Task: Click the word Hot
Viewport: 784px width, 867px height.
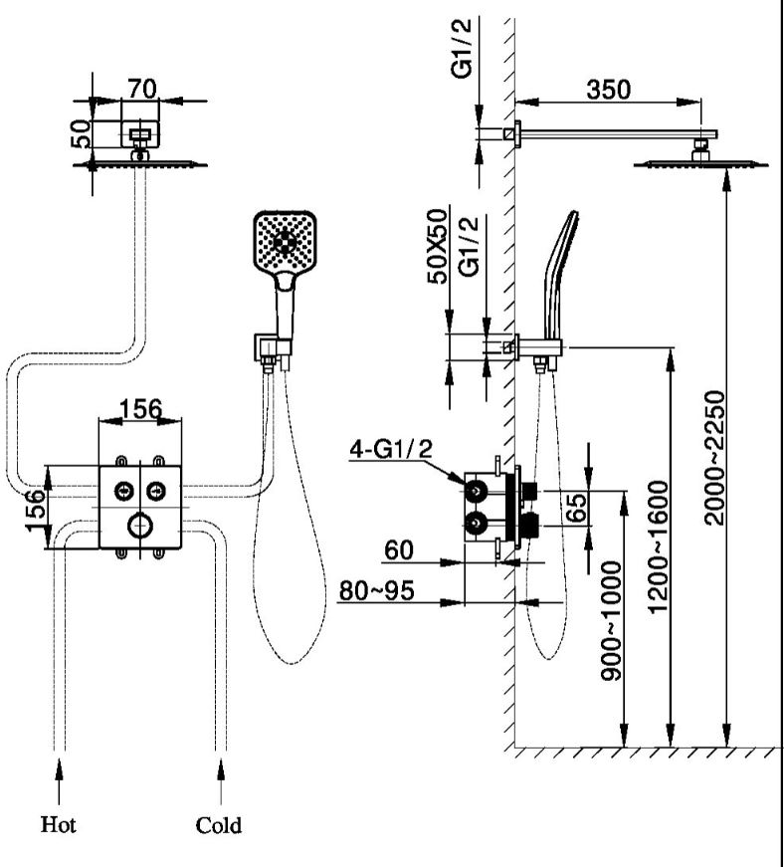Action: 58,824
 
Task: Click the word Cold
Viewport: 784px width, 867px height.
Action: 218,825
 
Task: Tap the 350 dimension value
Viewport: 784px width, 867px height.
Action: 608,89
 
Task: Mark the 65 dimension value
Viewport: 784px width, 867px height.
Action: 575,511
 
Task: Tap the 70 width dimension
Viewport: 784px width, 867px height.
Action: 140,89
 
